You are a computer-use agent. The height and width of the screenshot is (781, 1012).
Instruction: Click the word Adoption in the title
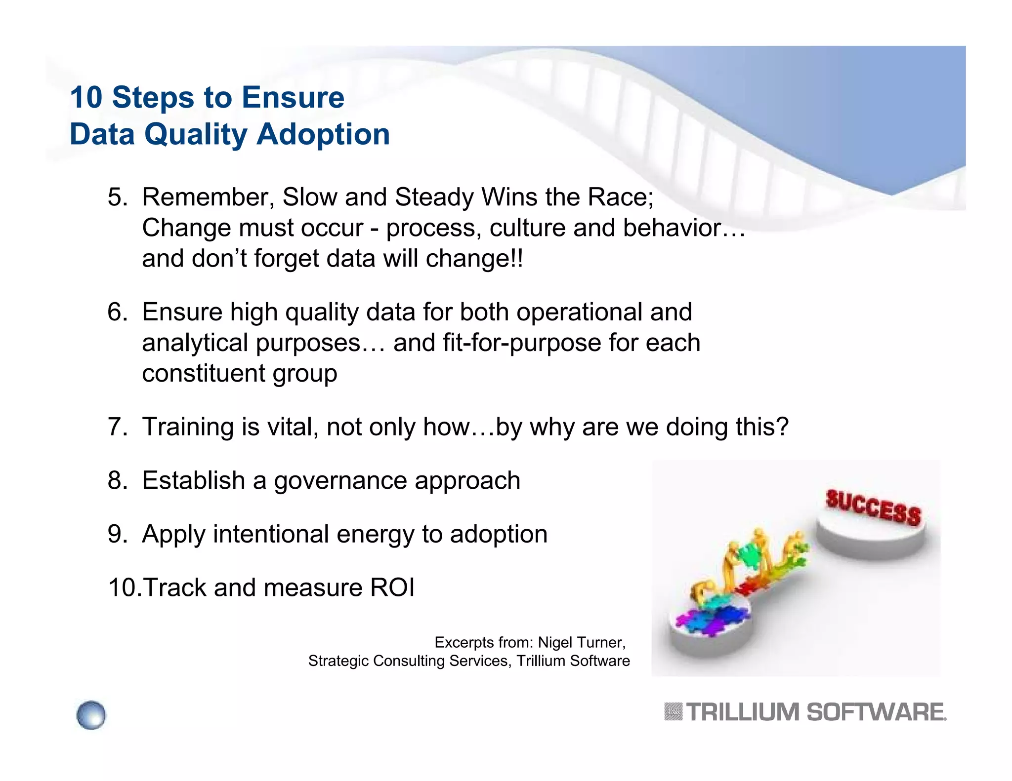(323, 134)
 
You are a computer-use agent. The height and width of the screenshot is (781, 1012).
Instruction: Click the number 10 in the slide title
(86, 97)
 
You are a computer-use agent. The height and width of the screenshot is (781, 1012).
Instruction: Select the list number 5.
(117, 197)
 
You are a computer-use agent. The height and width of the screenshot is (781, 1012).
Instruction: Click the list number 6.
(117, 312)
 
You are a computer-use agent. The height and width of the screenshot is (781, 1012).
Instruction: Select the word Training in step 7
(188, 427)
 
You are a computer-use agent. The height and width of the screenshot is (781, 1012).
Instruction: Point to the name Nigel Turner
(581, 642)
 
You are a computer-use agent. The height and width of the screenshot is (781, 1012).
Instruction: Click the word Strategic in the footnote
(338, 661)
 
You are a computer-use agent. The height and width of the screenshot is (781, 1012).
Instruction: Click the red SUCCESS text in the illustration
(873, 507)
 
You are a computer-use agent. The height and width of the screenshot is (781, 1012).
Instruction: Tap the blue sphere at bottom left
(91, 715)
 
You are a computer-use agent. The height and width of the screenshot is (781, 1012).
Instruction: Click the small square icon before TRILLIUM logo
(673, 712)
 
